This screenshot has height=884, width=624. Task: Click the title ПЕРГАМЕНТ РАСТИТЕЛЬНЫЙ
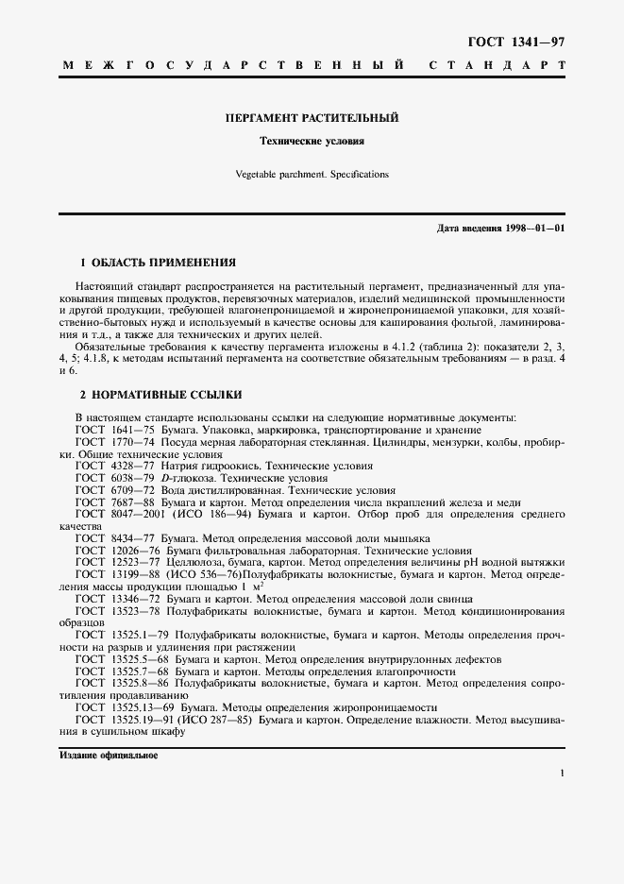tap(312, 119)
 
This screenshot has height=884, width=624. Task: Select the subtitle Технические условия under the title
tap(312, 141)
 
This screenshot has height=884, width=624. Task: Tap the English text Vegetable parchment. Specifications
tap(312, 174)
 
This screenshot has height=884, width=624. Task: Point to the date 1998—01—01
tap(534, 229)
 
